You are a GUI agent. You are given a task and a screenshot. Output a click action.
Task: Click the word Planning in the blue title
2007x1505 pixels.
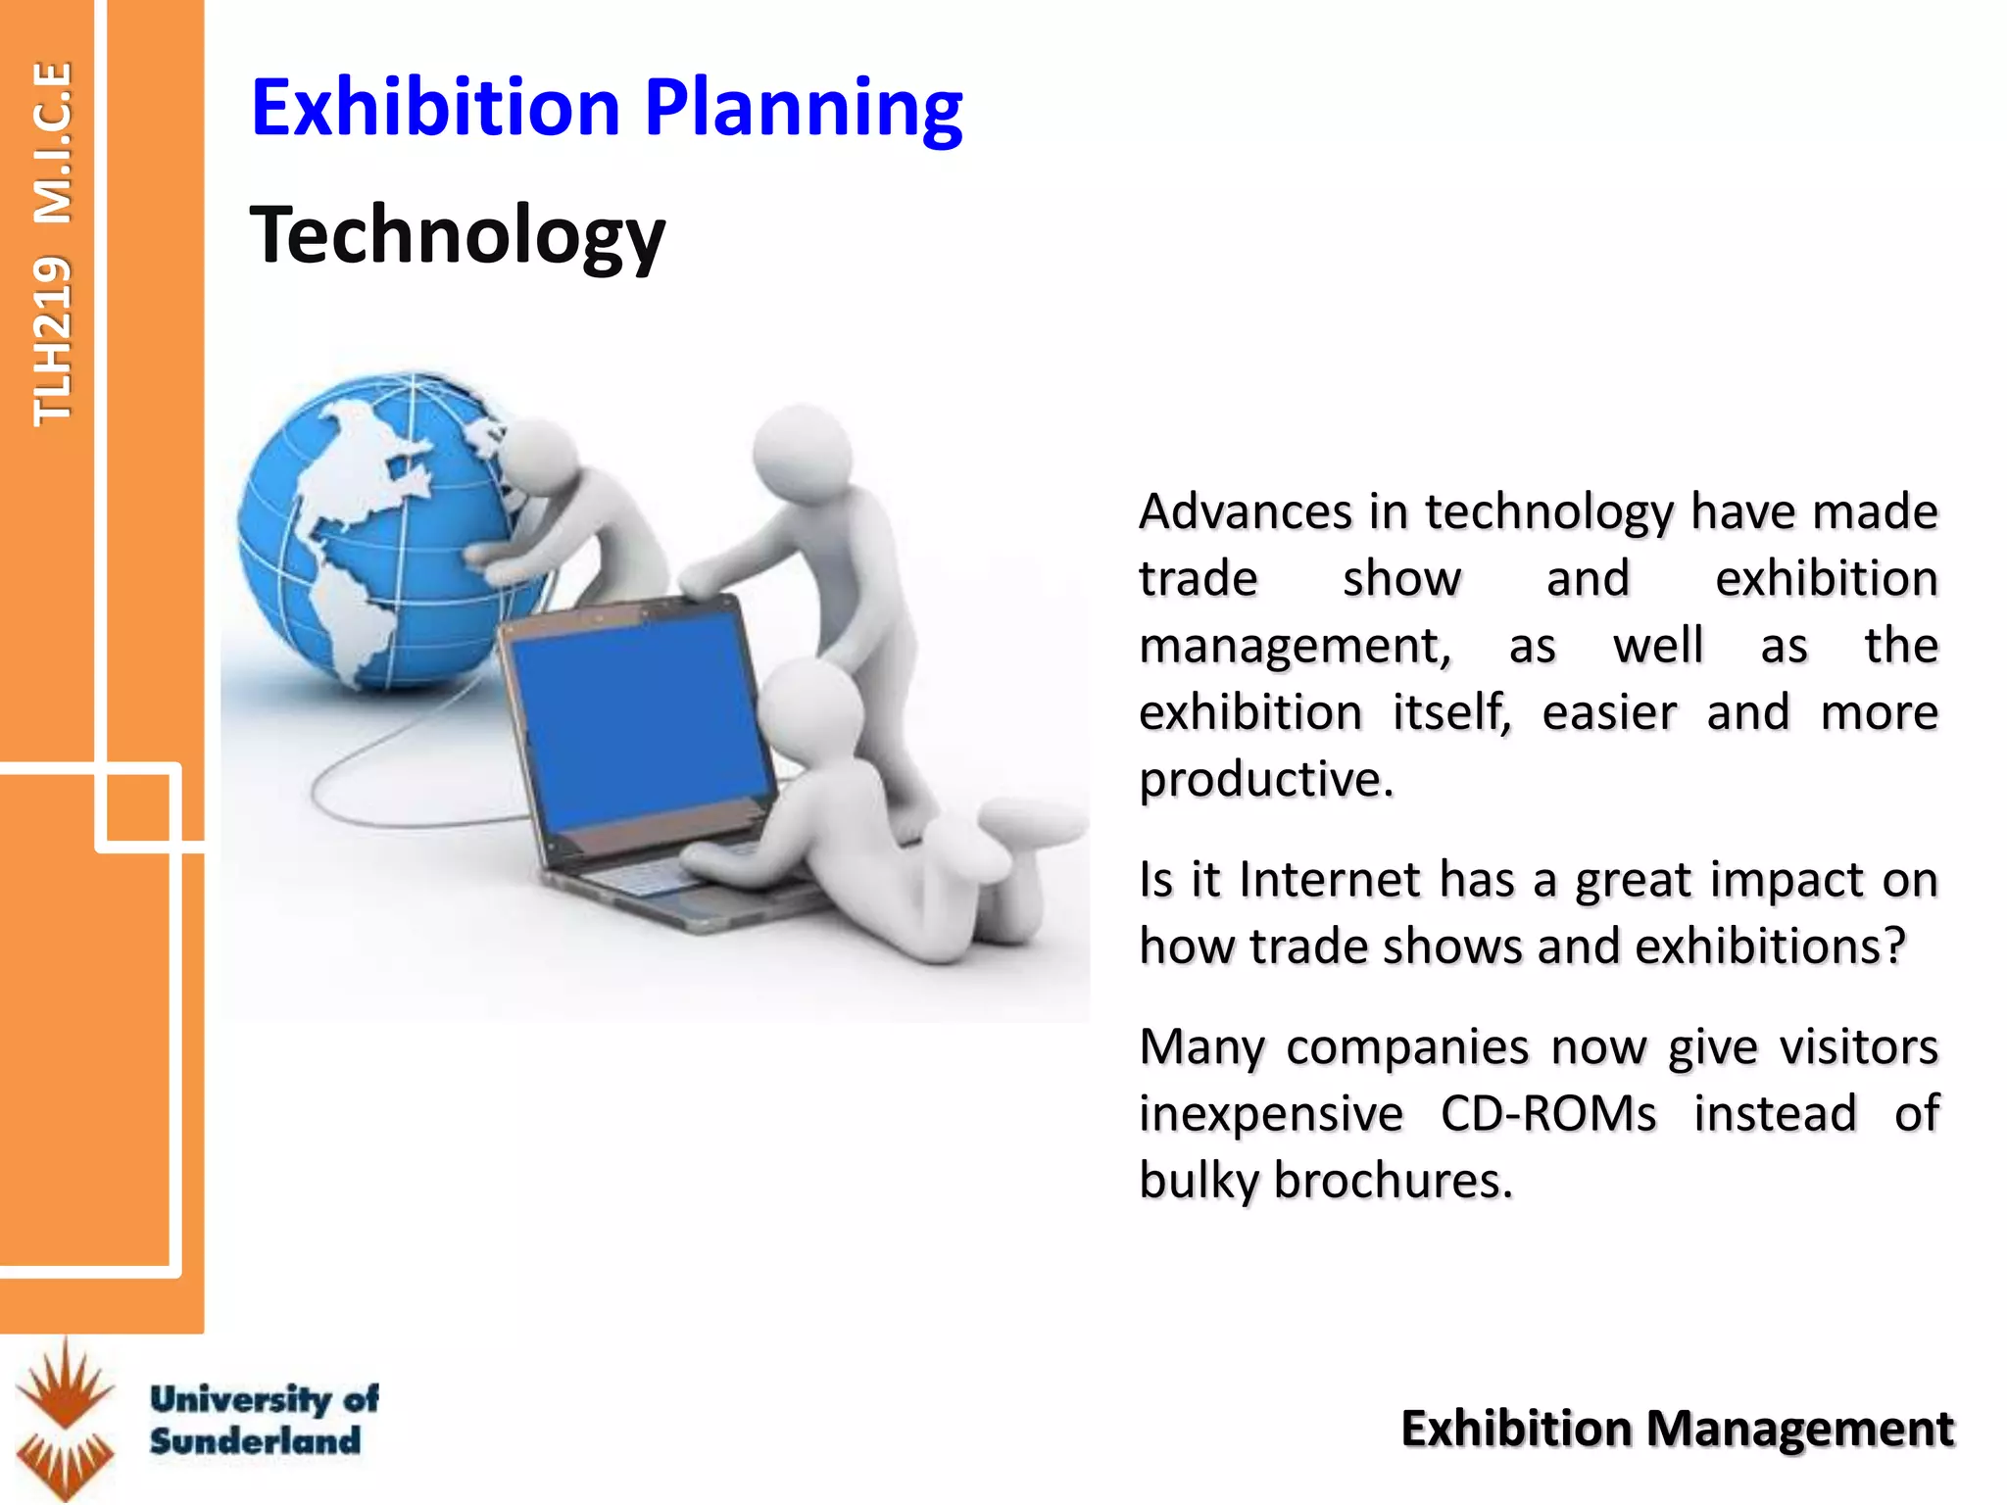click(x=804, y=108)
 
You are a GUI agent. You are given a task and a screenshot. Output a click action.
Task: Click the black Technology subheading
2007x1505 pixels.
click(x=457, y=235)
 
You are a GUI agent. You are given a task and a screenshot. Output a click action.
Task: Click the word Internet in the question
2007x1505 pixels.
click(x=1328, y=879)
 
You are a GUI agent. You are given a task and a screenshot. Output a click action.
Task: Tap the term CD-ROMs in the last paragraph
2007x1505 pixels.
click(x=1548, y=1114)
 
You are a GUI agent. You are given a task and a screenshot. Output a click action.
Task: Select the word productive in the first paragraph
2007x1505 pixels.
click(x=1264, y=780)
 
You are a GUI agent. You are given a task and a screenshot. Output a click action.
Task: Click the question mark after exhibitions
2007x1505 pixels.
click(x=1894, y=946)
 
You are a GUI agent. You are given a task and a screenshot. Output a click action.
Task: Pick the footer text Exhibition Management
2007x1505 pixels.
click(x=1677, y=1429)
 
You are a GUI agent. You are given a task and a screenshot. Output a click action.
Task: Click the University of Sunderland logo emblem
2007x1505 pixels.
click(x=66, y=1419)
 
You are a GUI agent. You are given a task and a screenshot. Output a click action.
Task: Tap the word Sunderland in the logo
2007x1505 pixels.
click(x=255, y=1440)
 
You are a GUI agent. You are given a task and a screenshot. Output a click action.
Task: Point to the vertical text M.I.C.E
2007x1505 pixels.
click(x=52, y=142)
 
